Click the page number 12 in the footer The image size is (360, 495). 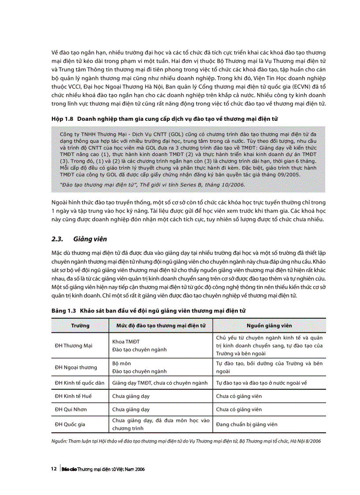(x=54, y=469)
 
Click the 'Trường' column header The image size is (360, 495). (x=80, y=326)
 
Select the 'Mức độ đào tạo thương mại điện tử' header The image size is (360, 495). (x=161, y=326)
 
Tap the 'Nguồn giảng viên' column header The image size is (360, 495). (x=269, y=326)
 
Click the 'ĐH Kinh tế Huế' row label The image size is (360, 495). (x=73, y=396)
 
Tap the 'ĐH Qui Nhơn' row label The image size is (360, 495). (x=71, y=409)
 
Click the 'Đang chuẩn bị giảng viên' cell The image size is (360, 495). (x=247, y=424)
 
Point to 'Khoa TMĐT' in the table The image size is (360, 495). (x=125, y=342)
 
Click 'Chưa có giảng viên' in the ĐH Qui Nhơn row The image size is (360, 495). (x=239, y=409)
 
